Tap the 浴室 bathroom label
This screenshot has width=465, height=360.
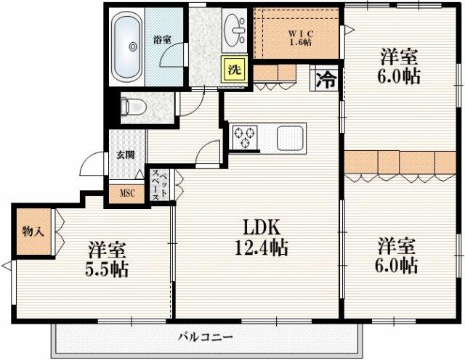tap(162, 39)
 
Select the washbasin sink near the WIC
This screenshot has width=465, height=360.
tap(234, 30)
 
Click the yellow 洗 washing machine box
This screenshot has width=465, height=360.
tap(234, 69)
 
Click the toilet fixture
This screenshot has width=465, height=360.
tap(133, 106)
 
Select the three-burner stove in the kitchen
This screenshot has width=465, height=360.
tap(245, 136)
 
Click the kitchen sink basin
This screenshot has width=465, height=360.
tap(291, 138)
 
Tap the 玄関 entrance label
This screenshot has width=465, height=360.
tap(126, 155)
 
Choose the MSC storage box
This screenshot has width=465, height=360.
tap(127, 194)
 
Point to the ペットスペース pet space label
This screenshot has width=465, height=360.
tap(160, 186)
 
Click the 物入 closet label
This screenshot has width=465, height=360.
tap(33, 231)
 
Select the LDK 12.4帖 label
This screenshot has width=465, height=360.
tap(262, 238)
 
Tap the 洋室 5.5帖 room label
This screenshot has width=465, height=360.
tap(107, 260)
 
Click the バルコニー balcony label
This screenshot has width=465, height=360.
tap(206, 337)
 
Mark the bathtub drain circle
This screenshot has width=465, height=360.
tap(133, 46)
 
